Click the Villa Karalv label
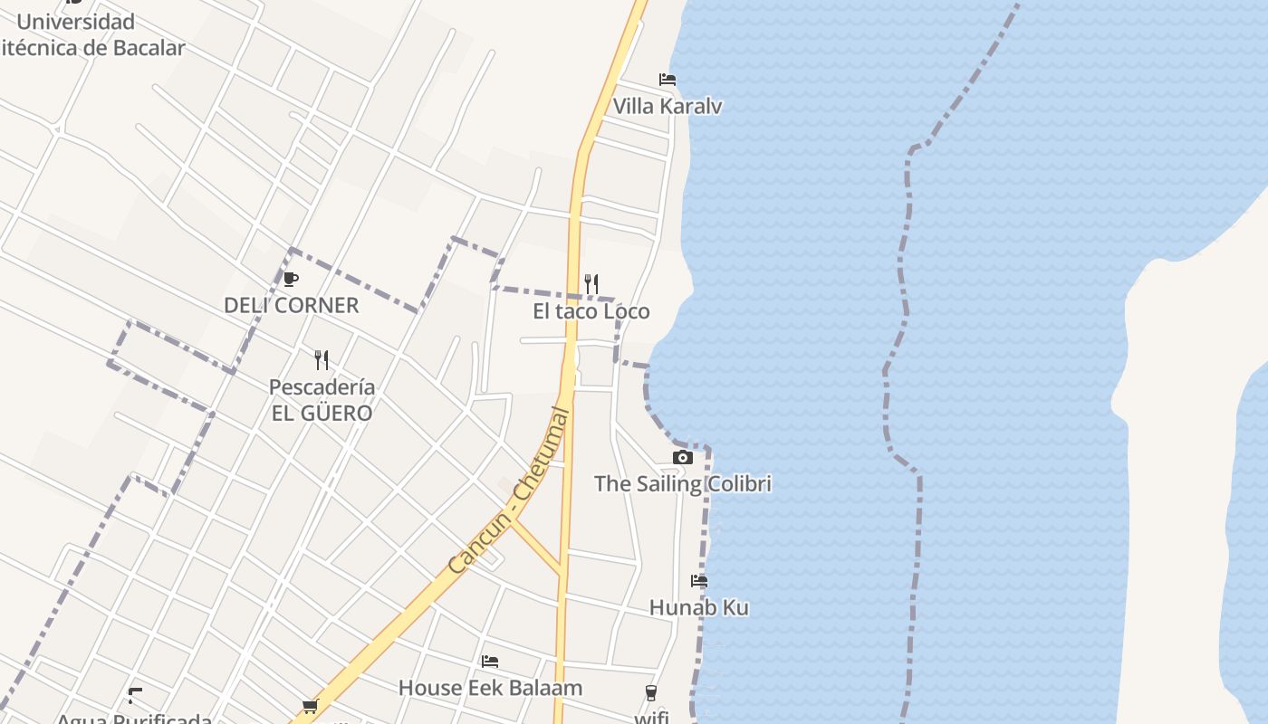(668, 107)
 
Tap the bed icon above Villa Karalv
(668, 80)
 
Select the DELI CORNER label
(292, 306)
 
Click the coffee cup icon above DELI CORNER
(290, 279)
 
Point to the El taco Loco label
(591, 312)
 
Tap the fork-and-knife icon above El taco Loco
(591, 284)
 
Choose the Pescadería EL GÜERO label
(322, 400)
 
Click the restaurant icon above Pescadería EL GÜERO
(322, 360)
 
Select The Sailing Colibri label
(683, 484)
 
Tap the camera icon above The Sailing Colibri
(683, 458)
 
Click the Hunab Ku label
(699, 608)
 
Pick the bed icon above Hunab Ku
(699, 581)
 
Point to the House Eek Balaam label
(490, 689)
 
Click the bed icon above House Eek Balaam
(490, 662)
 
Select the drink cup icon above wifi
(651, 693)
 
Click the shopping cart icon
(311, 706)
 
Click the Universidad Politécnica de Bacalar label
(91, 34)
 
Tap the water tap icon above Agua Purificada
(135, 696)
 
